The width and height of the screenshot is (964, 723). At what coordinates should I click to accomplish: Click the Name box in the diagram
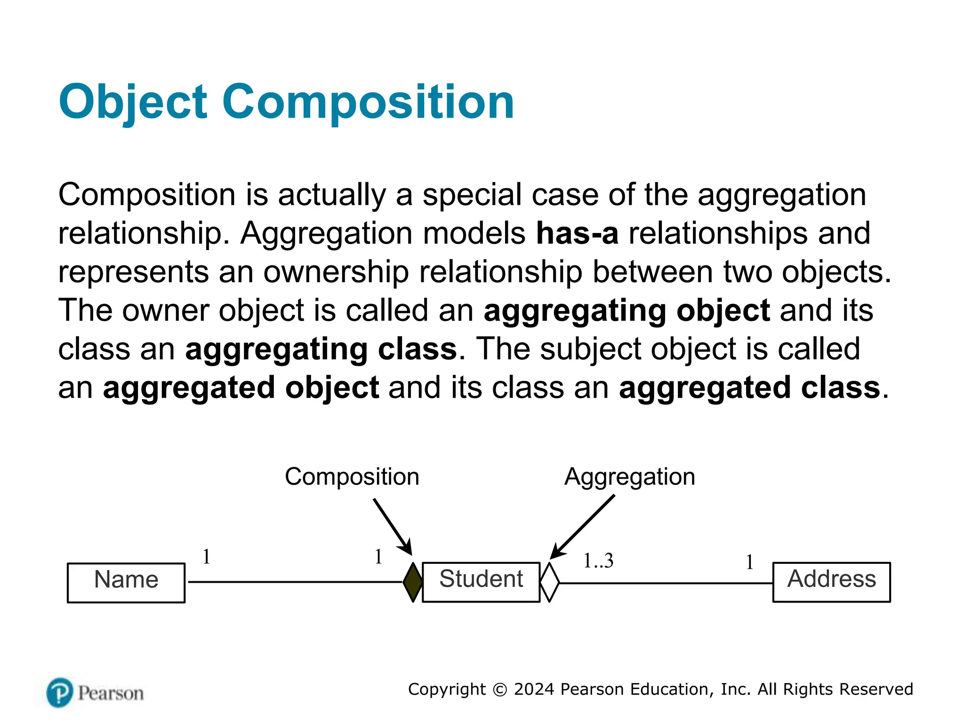coord(126,582)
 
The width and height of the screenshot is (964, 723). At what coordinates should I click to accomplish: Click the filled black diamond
coord(413,582)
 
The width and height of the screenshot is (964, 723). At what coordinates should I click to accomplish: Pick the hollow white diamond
coord(549,582)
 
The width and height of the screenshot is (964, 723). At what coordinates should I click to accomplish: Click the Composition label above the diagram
coord(352,476)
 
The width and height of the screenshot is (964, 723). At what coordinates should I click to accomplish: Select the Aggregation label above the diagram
coord(629,476)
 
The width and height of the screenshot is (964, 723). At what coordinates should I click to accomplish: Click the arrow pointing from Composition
coord(393,527)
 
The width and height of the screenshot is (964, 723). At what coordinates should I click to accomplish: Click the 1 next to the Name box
coord(206,557)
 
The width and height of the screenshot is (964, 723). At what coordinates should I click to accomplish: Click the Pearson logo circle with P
coord(60,692)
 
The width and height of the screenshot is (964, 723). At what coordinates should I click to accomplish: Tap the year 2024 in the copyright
coord(534,689)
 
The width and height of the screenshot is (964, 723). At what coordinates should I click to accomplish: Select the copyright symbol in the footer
coord(499,690)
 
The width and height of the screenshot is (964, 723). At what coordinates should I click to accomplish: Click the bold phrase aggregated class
coord(749,387)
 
